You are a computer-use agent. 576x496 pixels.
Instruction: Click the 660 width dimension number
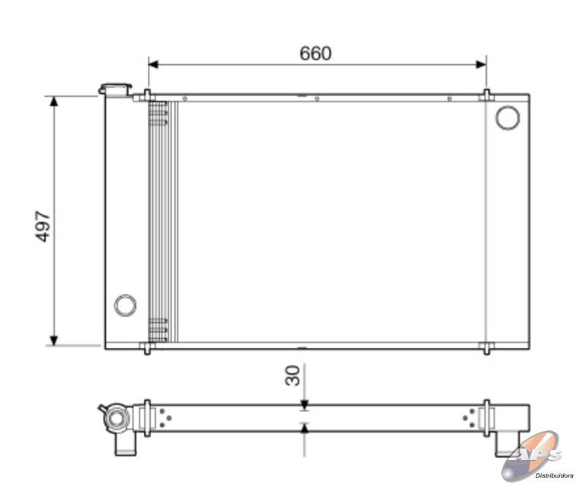[x=315, y=53]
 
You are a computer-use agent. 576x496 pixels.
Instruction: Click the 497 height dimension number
[x=43, y=226]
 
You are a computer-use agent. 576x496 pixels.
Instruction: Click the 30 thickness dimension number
[x=293, y=375]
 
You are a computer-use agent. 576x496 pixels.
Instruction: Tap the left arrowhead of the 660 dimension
[x=153, y=64]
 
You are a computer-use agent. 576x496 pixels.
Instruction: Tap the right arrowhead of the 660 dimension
[x=482, y=64]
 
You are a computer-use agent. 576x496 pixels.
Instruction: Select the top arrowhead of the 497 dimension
[x=54, y=101]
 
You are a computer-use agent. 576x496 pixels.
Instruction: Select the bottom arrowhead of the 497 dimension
[x=54, y=341]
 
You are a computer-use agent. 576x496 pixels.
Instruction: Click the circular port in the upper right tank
[x=507, y=118]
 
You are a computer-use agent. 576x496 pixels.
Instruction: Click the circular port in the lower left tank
[x=125, y=305]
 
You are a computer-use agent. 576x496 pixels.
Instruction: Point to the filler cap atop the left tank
[x=114, y=89]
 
